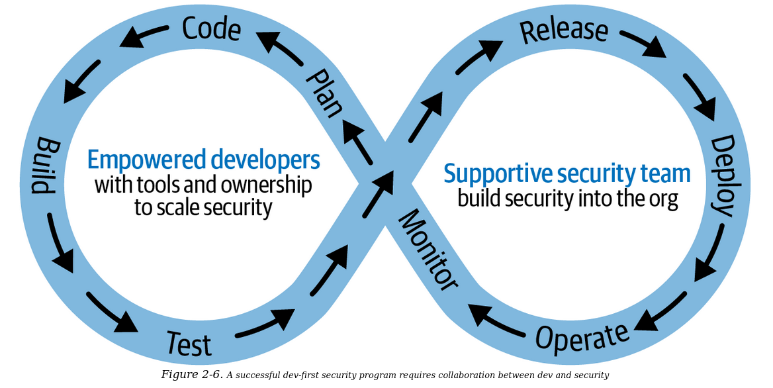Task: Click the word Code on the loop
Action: pyautogui.click(x=211, y=28)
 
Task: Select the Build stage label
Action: pyautogui.click(x=44, y=166)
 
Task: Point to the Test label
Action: pyautogui.click(x=189, y=344)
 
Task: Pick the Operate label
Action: pyautogui.click(x=582, y=337)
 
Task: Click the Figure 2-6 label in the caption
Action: pyautogui.click(x=191, y=375)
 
